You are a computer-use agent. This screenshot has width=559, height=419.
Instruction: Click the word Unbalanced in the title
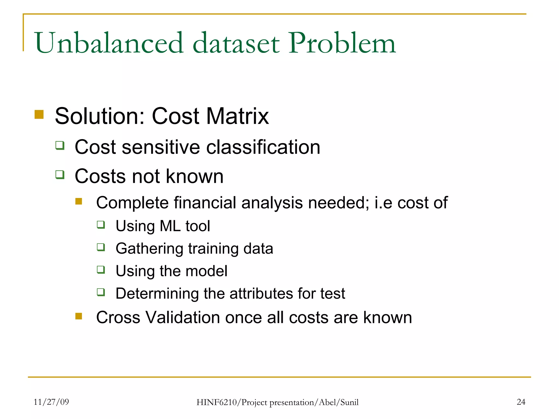pos(109,43)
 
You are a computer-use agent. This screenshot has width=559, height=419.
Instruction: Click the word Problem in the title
pos(342,43)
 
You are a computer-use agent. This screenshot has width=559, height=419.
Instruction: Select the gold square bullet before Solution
pos(39,115)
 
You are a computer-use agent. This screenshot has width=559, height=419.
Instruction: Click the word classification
pos(263,147)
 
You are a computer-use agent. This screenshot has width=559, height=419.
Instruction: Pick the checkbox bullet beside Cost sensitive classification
pos(60,145)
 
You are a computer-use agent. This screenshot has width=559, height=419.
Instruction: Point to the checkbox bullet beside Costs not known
pos(60,175)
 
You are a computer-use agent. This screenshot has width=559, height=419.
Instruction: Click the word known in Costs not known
pos(195,176)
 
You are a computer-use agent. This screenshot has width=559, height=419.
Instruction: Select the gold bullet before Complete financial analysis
pos(79,201)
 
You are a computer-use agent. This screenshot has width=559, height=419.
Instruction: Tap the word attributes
pos(261,294)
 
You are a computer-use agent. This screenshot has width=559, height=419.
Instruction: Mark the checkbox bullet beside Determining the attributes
pos(101,292)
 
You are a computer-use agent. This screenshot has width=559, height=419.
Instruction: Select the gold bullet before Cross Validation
pos(79,316)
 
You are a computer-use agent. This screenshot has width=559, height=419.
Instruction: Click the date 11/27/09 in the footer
pos(51,402)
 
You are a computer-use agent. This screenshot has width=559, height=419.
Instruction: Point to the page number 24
pos(521,402)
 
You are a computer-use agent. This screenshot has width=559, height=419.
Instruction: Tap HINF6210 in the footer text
pos(217,402)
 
